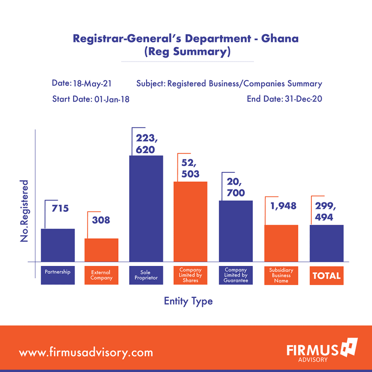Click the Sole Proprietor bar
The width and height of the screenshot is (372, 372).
point(146,209)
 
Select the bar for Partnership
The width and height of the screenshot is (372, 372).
point(58,245)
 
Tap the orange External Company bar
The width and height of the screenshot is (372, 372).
point(101,250)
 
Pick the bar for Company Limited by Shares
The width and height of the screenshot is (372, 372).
point(190,222)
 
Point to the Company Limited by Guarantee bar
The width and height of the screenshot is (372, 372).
point(235,231)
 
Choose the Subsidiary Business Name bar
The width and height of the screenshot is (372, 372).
point(281,243)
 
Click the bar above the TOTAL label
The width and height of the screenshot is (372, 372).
point(327,243)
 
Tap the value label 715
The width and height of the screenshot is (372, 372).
point(60,208)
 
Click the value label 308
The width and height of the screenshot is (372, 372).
point(101,220)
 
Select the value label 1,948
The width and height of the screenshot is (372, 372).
point(283,206)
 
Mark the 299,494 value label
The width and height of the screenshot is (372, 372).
point(325,211)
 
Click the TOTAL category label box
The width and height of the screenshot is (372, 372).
point(327,275)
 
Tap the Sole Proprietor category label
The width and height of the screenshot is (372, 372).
point(146,275)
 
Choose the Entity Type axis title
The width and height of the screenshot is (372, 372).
point(188,301)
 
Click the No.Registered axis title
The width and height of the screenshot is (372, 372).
point(24,211)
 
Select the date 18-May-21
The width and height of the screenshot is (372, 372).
point(92,84)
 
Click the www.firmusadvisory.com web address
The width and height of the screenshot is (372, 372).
point(86,352)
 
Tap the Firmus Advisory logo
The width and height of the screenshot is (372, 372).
point(322,350)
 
